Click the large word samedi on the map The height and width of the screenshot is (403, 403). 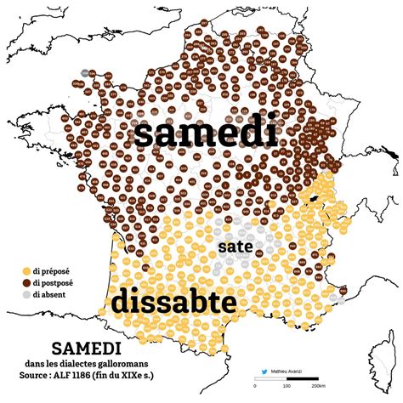tap(206, 134)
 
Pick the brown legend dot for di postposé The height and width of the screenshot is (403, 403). tap(26, 282)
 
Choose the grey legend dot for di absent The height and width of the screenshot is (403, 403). tap(26, 294)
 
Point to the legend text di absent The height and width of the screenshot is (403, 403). tap(52, 294)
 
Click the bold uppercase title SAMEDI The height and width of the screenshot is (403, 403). tap(86, 349)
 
